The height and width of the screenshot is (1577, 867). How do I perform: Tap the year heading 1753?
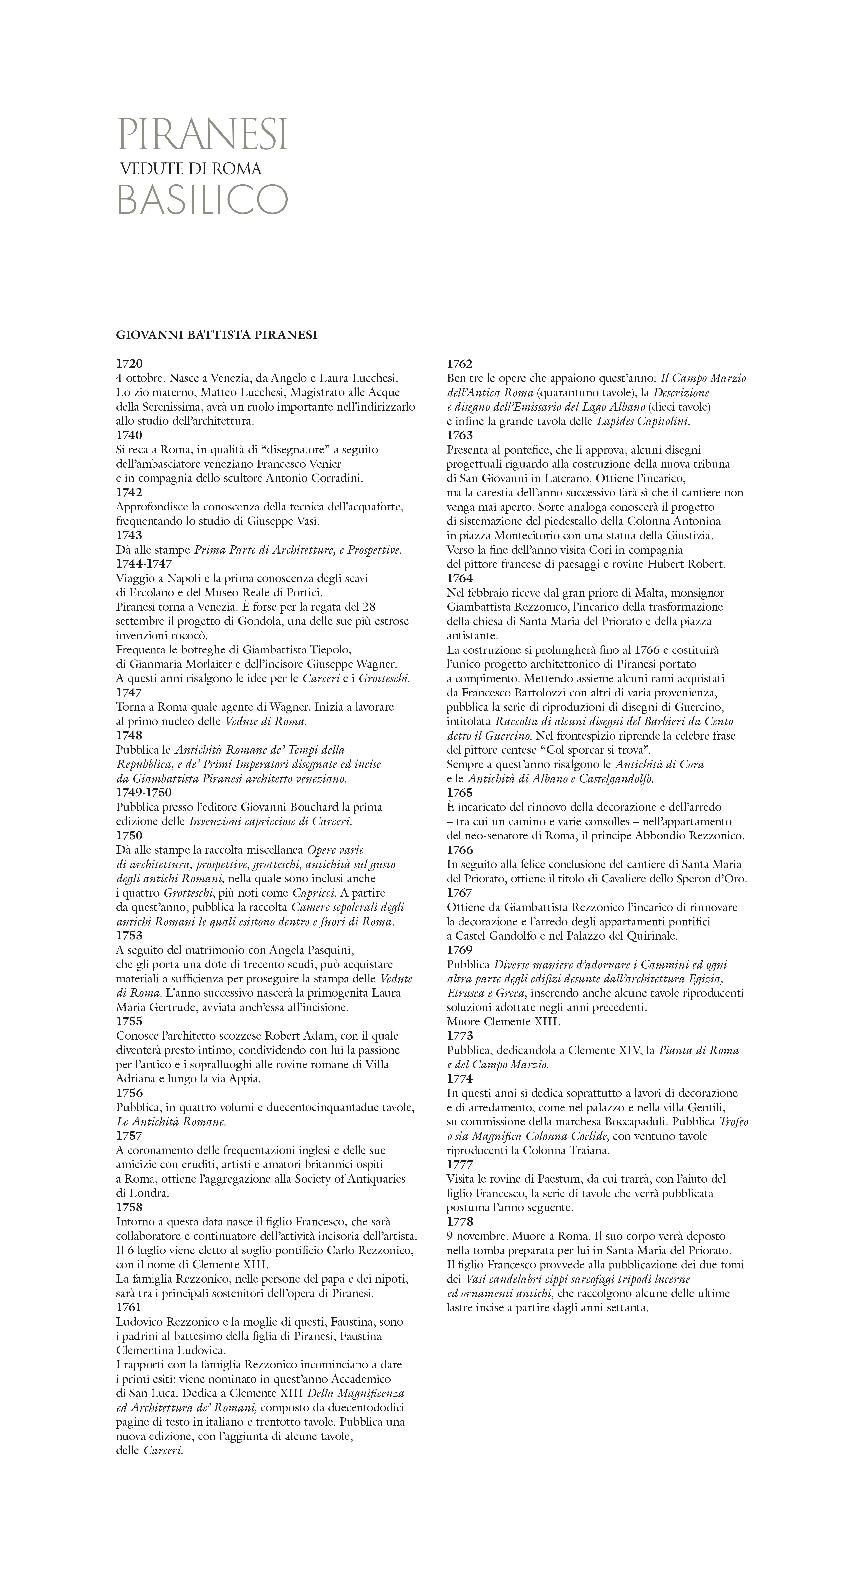[x=129, y=935]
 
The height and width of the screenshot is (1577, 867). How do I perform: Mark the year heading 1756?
[x=129, y=1093]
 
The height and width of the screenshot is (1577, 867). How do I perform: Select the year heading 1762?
[x=460, y=364]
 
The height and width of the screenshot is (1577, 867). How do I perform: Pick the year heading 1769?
[x=460, y=950]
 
